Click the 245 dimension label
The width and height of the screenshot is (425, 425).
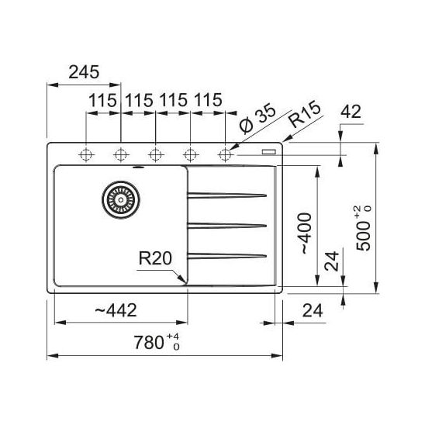(x=84, y=72)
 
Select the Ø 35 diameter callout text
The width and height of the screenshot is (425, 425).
(x=257, y=119)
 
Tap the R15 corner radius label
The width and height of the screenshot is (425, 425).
(x=305, y=114)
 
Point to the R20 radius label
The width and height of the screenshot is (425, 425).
(x=155, y=258)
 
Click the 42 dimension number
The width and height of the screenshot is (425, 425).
(x=351, y=112)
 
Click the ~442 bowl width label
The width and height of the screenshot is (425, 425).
(x=116, y=311)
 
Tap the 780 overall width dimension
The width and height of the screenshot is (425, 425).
(x=157, y=342)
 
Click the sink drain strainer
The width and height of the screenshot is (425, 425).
(x=121, y=200)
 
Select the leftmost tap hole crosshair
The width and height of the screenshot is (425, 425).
(x=86, y=155)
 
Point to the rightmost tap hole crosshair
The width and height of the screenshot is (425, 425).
(x=225, y=155)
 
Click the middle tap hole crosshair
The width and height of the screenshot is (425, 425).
(x=156, y=155)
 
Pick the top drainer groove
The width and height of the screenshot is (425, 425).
(x=227, y=195)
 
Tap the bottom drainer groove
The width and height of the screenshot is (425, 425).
(x=227, y=256)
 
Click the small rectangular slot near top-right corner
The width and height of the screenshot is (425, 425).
(x=268, y=151)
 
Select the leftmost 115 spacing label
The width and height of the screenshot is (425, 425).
(x=102, y=100)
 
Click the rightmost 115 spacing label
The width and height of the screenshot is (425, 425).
(x=208, y=100)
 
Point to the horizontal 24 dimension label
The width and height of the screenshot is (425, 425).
(x=313, y=311)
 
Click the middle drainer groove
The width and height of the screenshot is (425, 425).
(x=227, y=226)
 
